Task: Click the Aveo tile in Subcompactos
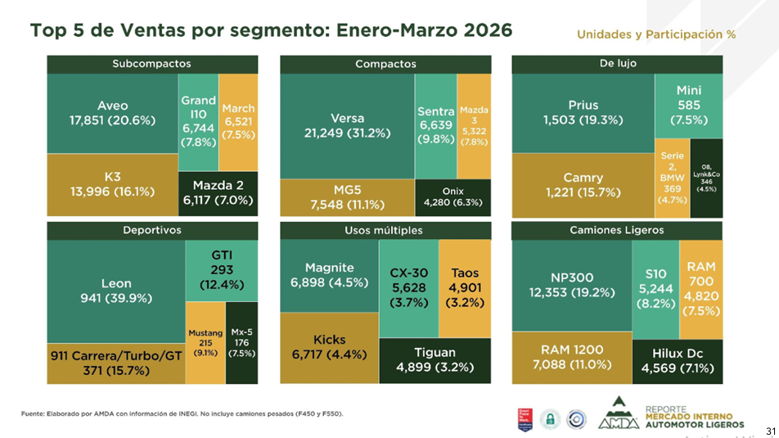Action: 112,113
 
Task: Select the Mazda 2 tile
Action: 218,193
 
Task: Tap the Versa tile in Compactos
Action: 347,125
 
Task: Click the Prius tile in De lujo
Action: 583,112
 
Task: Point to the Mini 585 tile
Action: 688,105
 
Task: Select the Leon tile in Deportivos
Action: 115,291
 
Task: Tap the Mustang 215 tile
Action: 205,343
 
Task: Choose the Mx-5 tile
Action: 241,343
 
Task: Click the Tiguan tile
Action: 435,360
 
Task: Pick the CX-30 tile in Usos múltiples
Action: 408,287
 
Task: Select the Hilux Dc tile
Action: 678,360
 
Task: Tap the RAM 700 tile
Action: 701,288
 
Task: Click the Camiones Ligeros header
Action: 617,230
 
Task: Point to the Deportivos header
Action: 152,230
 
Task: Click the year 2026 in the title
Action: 476,30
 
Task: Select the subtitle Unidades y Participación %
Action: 655,34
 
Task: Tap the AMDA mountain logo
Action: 619,413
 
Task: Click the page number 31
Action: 770,431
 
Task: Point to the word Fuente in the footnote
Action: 34,413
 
